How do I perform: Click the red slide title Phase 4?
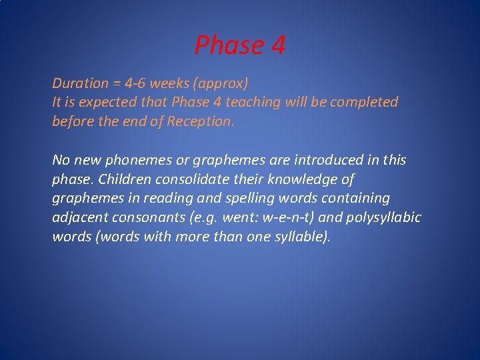click(240, 45)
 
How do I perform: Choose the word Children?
click(125, 179)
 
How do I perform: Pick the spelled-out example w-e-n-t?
click(273, 218)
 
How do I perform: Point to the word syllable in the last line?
click(301, 237)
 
